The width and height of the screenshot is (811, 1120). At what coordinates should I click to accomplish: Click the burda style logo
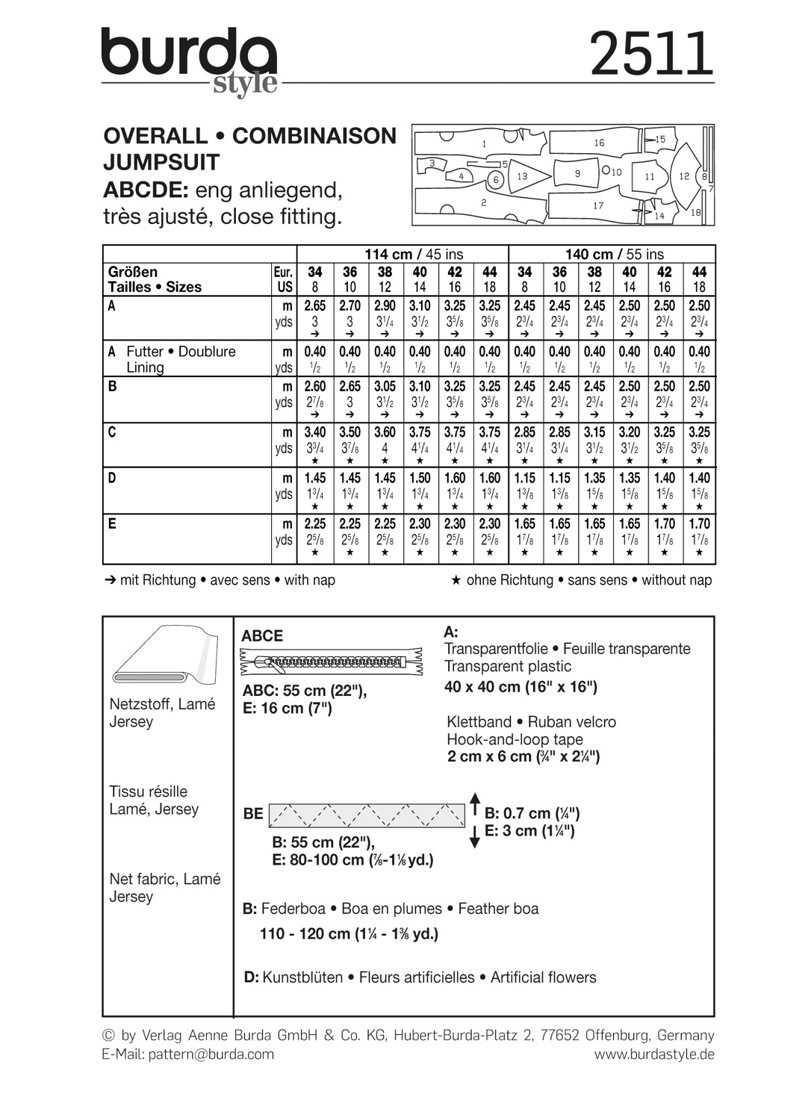pos(190,60)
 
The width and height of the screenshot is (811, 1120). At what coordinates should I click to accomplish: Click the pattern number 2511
pos(651,55)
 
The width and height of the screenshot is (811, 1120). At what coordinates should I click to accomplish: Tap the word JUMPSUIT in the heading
pos(161,162)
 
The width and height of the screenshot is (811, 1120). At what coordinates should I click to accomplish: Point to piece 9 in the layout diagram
pos(577,173)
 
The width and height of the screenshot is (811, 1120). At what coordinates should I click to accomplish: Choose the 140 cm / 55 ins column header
pos(614,254)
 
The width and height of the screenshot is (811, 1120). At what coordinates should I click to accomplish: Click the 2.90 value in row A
pos(385,306)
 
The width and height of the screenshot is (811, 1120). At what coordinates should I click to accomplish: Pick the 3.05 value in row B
pos(385,386)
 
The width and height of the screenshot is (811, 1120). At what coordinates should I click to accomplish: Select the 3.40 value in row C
pos(315,432)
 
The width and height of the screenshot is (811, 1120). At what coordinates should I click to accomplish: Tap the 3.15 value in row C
pos(594,432)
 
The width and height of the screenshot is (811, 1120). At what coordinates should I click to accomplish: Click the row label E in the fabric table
pos(112,523)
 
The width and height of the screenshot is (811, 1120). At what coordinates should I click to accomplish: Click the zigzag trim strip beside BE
pos(366,815)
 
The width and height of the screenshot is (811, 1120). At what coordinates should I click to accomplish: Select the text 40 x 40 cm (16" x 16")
pos(521,687)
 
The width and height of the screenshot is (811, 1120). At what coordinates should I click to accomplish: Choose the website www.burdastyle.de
pos(654,1054)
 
